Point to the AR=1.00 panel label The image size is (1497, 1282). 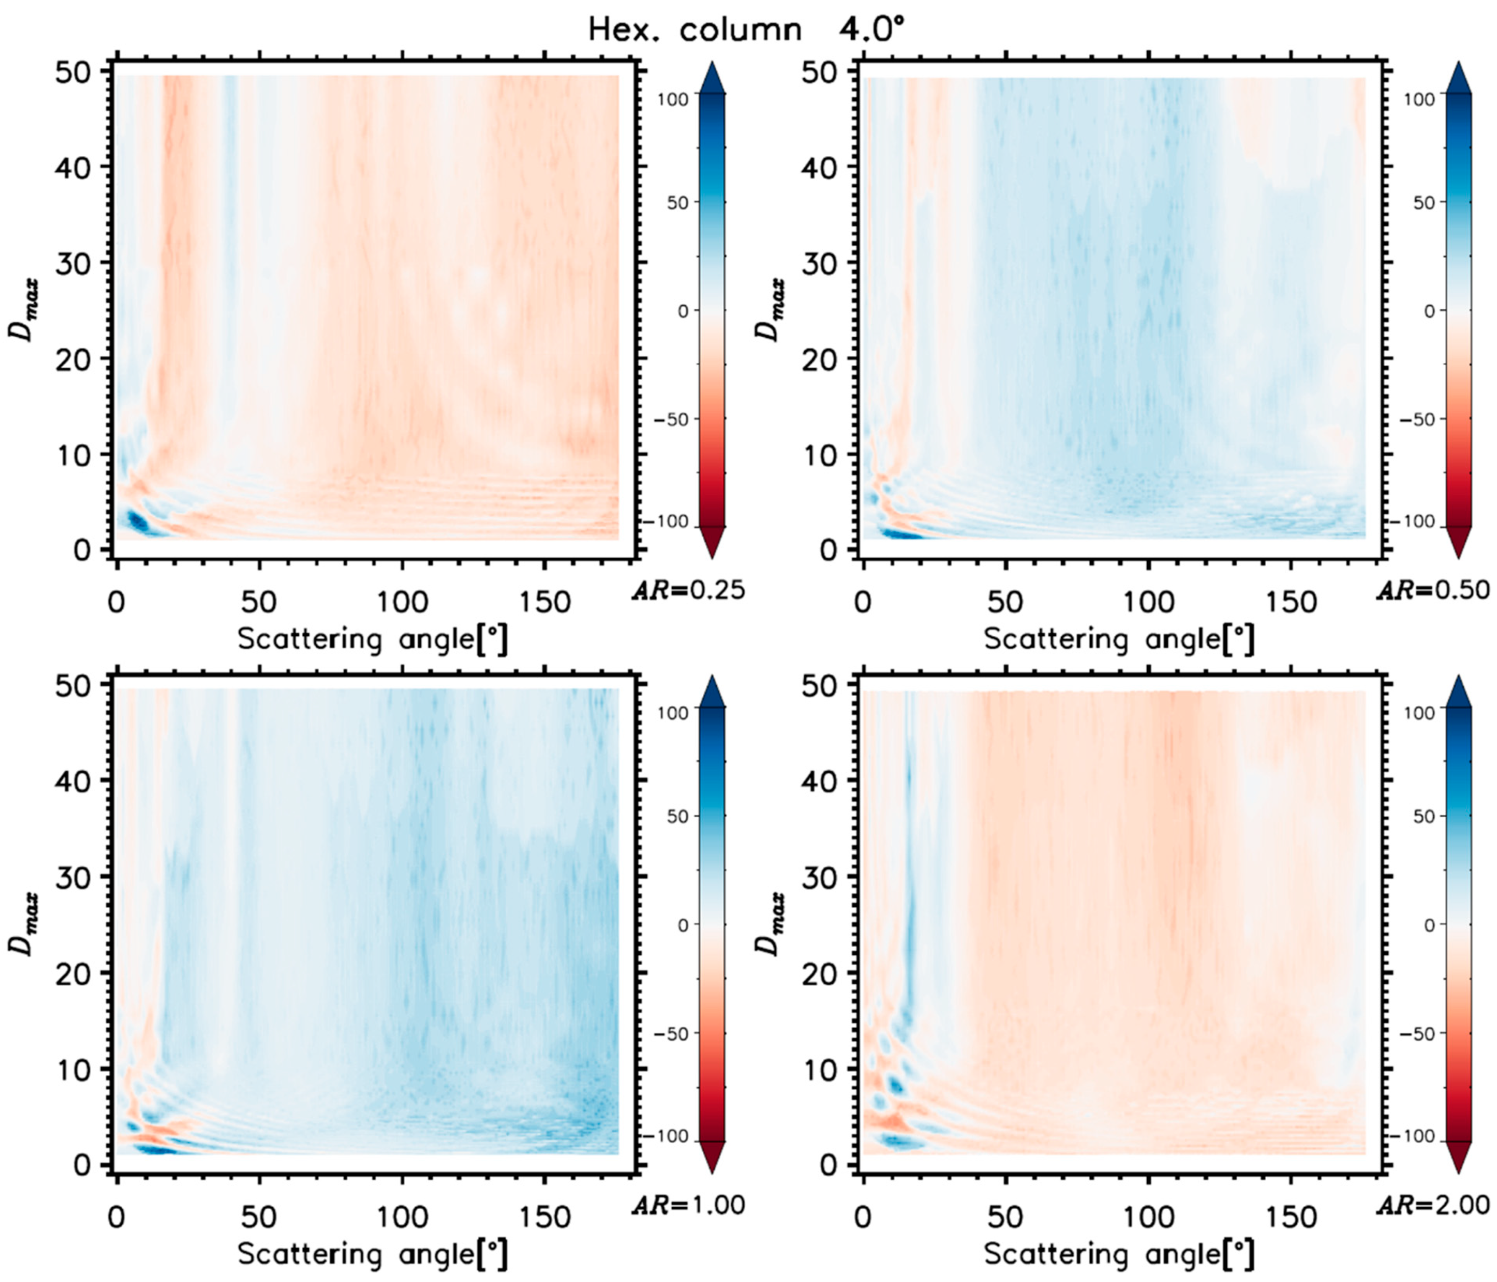coord(688,1204)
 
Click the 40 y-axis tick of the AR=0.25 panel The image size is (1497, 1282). coord(74,168)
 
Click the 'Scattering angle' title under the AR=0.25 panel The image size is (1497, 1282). coord(372,640)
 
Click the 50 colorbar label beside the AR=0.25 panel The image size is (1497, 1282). coord(677,203)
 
